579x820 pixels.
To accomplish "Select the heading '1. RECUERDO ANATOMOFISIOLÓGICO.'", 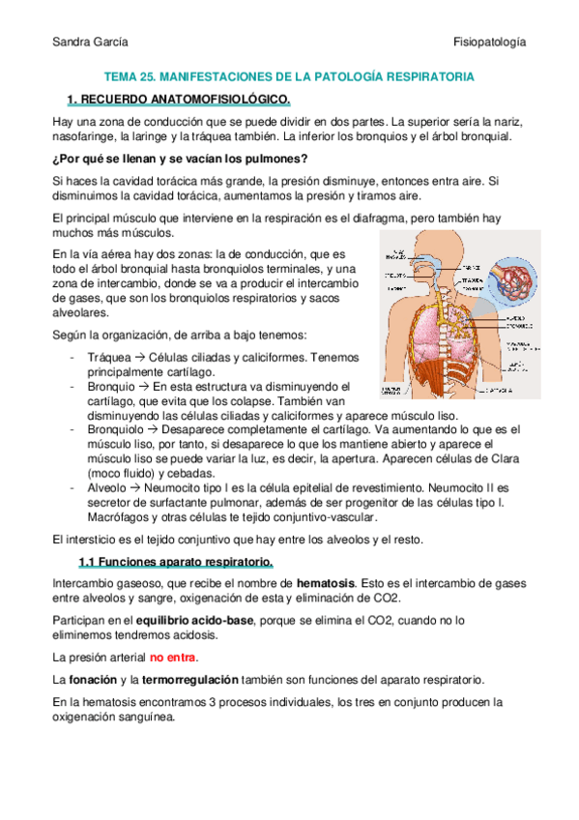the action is click(178, 100).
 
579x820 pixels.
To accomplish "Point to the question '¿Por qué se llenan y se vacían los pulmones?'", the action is click(180, 158).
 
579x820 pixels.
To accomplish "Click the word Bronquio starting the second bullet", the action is click(113, 386).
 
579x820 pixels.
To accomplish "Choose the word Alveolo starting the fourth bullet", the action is click(110, 487).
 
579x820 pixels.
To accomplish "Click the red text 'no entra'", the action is click(172, 657).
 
